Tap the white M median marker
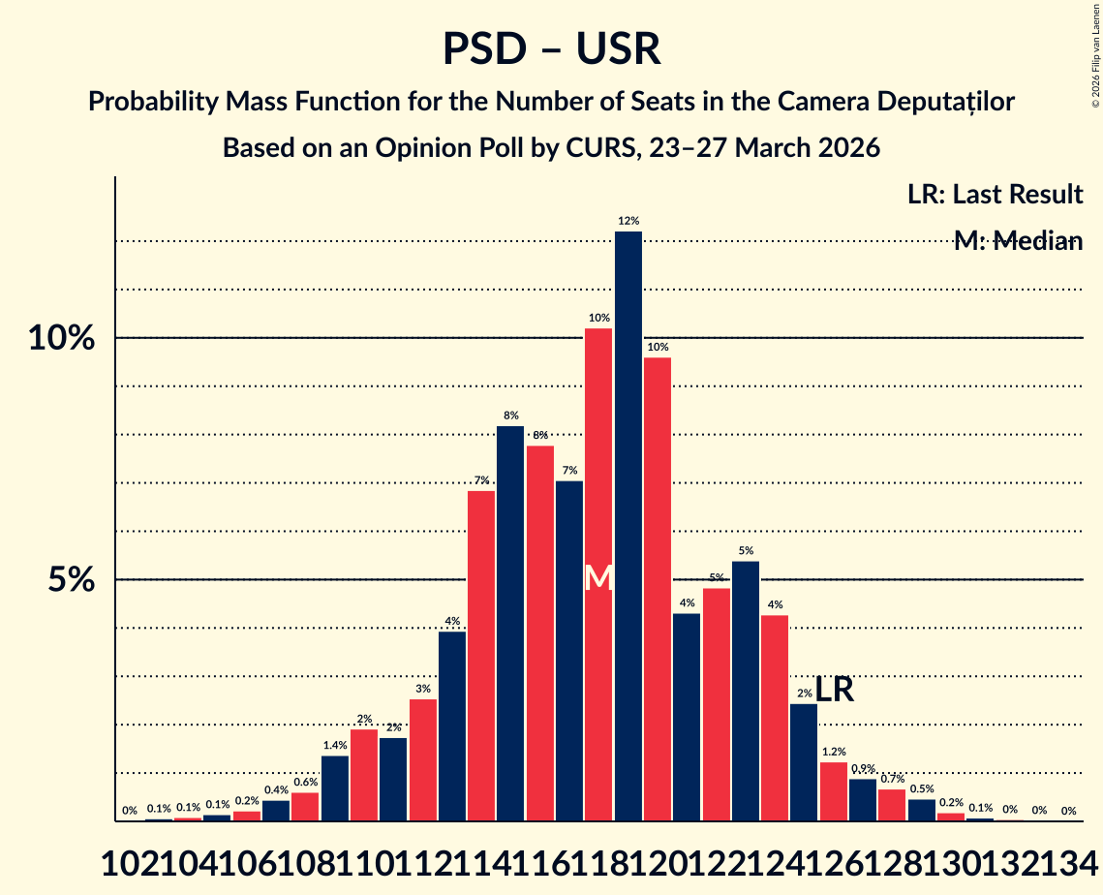click(x=598, y=577)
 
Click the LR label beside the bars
click(x=834, y=690)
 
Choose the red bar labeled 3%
click(x=423, y=760)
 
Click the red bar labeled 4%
click(x=775, y=718)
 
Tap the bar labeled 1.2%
click(x=834, y=791)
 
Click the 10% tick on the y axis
click(x=62, y=338)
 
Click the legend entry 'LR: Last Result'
click(x=995, y=195)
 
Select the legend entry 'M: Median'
click(x=1017, y=241)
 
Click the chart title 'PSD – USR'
click(x=551, y=49)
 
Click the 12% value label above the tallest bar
click(x=628, y=222)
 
